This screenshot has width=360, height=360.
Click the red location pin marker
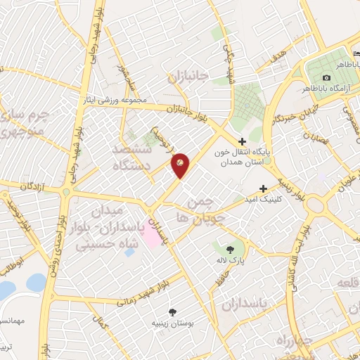[x=180, y=165]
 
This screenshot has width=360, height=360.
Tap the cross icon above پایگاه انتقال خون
[x=242, y=141]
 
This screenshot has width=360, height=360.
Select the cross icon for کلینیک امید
[x=263, y=188]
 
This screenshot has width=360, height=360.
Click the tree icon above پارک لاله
[x=231, y=249]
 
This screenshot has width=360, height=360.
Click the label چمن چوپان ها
[x=205, y=209]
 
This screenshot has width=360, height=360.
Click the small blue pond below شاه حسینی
[x=129, y=252]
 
